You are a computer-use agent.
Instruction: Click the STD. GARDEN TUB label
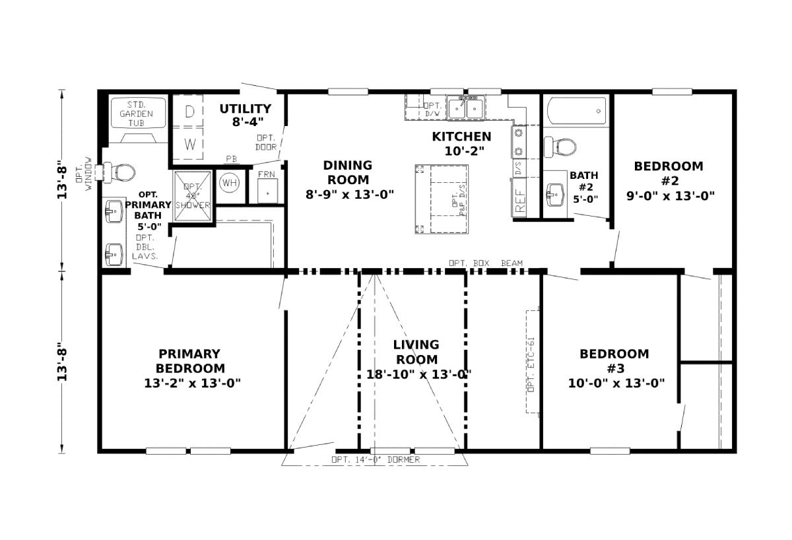[136, 114]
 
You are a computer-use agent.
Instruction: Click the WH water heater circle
[229, 182]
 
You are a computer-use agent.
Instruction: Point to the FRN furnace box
[267, 187]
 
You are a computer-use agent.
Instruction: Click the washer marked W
[189, 144]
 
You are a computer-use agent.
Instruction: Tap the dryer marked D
[189, 112]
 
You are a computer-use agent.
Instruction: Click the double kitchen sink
[466, 108]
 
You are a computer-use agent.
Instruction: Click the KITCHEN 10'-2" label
[461, 143]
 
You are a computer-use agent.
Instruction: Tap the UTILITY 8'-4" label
[245, 115]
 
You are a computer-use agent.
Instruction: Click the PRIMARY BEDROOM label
[189, 368]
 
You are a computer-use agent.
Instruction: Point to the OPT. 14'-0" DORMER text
[375, 459]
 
